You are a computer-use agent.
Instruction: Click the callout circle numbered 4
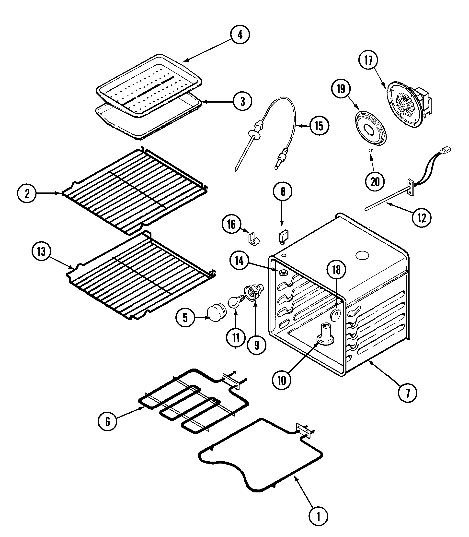click(x=240, y=35)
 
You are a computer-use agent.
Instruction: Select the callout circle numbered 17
click(x=368, y=60)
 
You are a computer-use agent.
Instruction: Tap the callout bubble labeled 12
click(x=422, y=218)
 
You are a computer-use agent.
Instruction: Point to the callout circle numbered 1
click(x=318, y=517)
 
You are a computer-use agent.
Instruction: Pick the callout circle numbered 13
click(x=41, y=251)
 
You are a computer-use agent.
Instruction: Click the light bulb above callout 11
click(x=235, y=302)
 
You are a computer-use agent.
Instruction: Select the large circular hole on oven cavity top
click(x=363, y=255)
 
